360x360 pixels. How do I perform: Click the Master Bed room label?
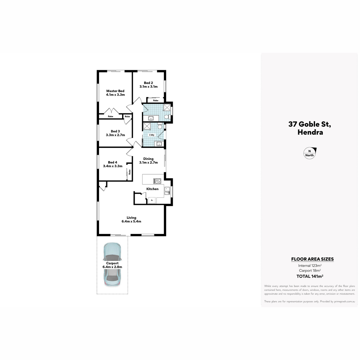[115, 91]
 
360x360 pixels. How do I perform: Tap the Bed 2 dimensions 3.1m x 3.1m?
[148, 87]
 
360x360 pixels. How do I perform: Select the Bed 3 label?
[115, 131]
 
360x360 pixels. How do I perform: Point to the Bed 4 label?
[112, 162]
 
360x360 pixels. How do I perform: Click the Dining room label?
[148, 159]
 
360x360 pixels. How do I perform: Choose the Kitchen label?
[152, 189]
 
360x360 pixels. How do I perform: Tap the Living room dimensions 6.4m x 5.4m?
[131, 221]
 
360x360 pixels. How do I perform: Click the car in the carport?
[112, 265]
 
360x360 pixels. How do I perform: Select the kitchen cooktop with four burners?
[157, 181]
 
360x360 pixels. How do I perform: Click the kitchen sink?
[167, 191]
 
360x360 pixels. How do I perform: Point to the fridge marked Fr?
[152, 200]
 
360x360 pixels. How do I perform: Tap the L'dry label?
[152, 135]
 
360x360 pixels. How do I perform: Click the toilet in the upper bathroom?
[167, 117]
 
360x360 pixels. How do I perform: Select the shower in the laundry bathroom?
[147, 126]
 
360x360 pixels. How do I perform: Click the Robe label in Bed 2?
[156, 100]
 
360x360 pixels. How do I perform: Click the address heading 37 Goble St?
[310, 124]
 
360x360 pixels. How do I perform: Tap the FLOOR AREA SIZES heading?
[312, 259]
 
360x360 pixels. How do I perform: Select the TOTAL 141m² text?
[310, 276]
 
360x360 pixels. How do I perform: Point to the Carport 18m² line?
[310, 271]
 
